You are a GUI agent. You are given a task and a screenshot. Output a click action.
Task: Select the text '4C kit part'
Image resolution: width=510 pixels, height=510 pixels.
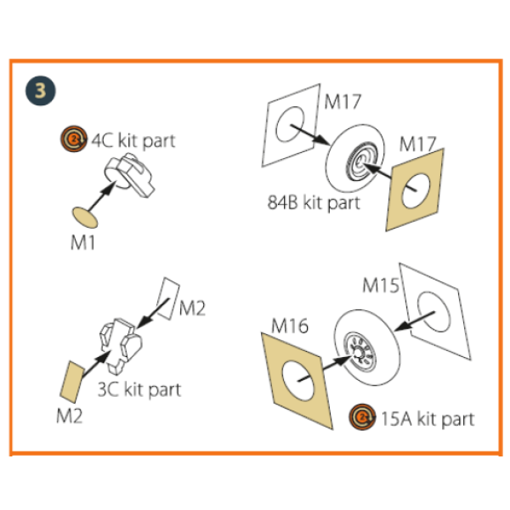(x=133, y=140)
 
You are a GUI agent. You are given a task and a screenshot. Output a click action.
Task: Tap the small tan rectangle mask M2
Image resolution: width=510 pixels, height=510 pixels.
(x=70, y=380)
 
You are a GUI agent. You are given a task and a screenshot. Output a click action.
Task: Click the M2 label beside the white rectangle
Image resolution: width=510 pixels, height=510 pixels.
(x=193, y=309)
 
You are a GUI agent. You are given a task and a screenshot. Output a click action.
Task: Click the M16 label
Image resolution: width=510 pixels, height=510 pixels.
(x=290, y=325)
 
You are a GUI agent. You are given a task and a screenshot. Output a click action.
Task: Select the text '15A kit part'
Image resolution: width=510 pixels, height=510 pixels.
(x=428, y=417)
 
